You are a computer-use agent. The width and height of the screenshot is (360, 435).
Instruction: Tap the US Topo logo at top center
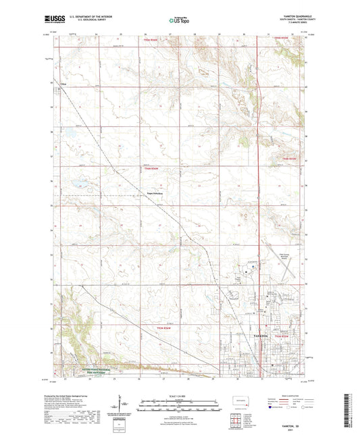pos(179,20)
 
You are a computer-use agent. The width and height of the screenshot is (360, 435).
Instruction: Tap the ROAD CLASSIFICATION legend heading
pos(284,396)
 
